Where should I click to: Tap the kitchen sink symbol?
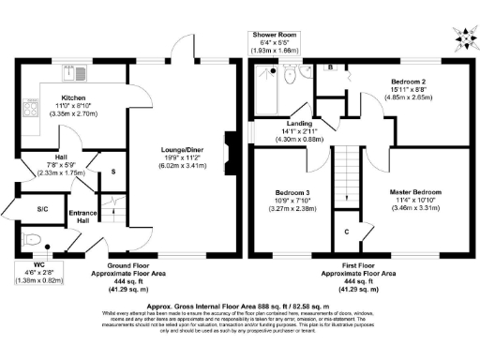(x=69, y=69)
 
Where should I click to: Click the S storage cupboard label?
(x=113, y=172)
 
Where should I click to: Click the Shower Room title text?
(x=274, y=35)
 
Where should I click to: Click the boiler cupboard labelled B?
(x=332, y=67)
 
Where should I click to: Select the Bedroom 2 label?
(x=409, y=82)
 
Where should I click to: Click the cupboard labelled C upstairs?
(x=346, y=232)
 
